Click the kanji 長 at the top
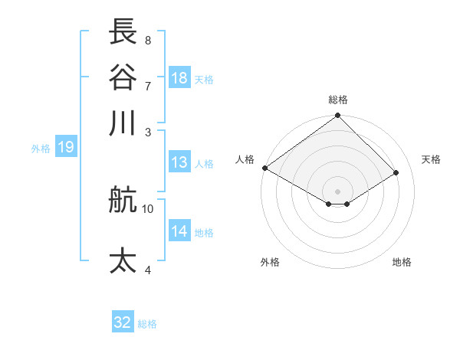click(123, 32)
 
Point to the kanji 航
click(123, 201)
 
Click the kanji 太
click(123, 260)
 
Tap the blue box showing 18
click(179, 78)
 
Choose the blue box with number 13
click(179, 162)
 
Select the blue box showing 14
click(179, 231)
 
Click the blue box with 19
click(65, 148)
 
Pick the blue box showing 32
click(123, 322)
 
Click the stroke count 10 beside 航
click(148, 208)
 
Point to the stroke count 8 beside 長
click(147, 40)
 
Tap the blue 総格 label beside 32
click(147, 324)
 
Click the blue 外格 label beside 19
click(41, 149)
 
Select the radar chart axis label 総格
click(338, 100)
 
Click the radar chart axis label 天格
click(432, 159)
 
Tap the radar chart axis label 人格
click(245, 159)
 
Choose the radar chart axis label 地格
click(402, 262)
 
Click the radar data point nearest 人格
click(264, 168)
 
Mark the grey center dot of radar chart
click(338, 191)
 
